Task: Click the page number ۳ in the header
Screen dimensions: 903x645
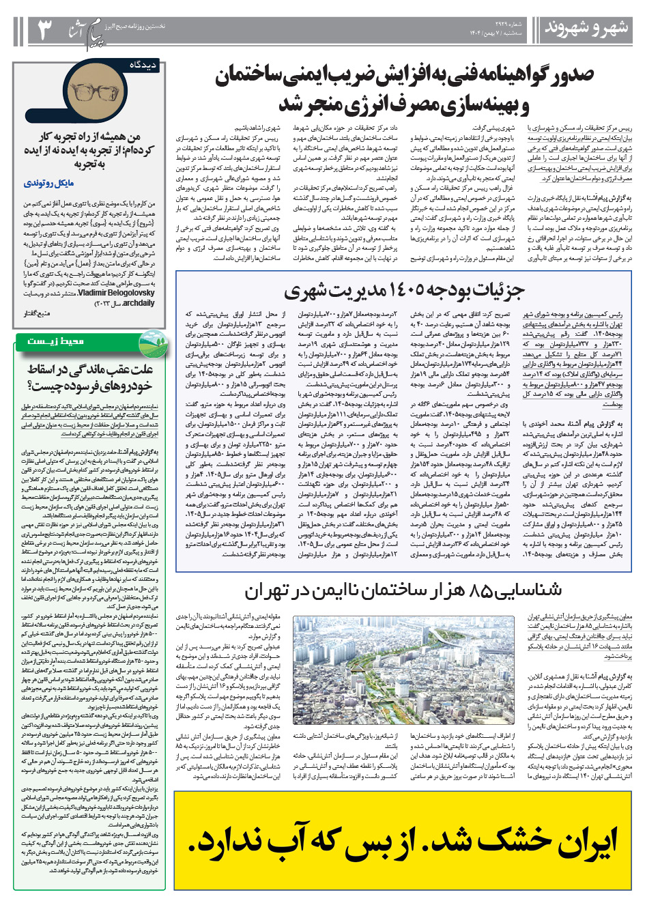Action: click(44, 29)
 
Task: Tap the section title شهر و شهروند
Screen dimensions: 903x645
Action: click(586, 29)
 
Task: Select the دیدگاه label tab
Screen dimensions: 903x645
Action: click(144, 66)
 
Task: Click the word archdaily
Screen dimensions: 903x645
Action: click(139, 303)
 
